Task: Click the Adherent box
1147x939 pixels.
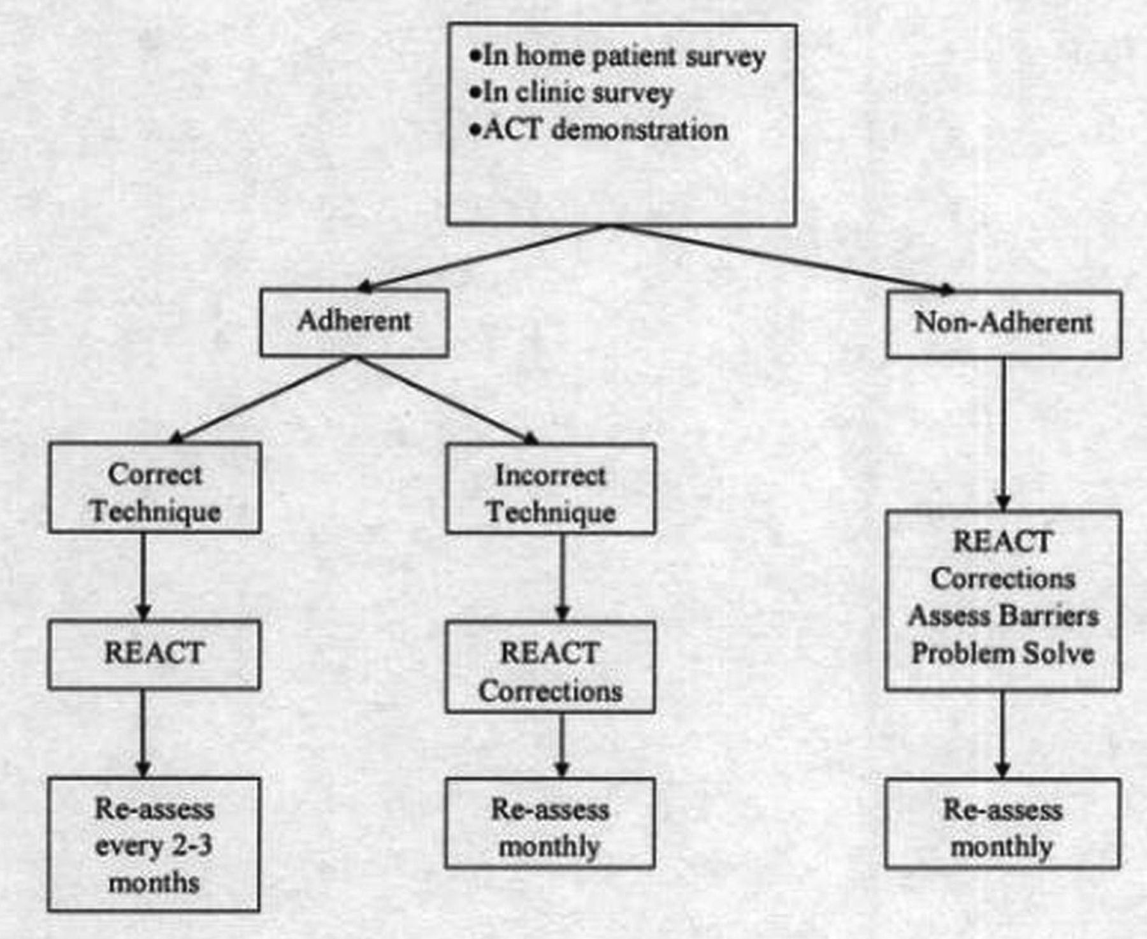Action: (x=354, y=322)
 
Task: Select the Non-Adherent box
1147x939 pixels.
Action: (x=1004, y=324)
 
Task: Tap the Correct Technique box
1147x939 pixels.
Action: (x=155, y=487)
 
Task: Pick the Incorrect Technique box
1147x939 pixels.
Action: (x=551, y=488)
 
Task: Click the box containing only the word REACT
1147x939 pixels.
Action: (x=154, y=654)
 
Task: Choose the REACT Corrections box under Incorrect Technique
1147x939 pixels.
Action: (x=551, y=666)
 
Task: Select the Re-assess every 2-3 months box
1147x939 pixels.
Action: (x=154, y=844)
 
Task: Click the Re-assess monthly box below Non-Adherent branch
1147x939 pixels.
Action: (x=1002, y=823)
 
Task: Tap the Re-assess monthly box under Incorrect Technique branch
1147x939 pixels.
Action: (x=550, y=823)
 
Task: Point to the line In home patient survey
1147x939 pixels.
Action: (x=617, y=56)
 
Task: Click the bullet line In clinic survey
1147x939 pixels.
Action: (x=571, y=93)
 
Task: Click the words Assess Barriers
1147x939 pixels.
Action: (x=1004, y=616)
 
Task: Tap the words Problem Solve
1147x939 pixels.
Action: (x=1003, y=654)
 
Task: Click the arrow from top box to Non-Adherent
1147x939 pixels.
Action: (x=783, y=259)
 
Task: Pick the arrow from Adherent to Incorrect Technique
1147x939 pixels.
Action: (x=447, y=399)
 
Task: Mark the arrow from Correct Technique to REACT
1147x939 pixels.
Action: (x=143, y=577)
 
